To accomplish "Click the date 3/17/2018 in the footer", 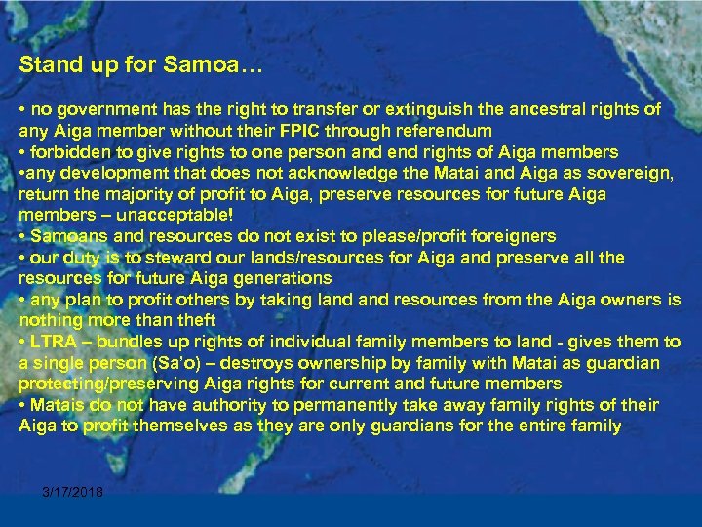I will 72,491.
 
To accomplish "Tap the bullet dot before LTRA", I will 23,342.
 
